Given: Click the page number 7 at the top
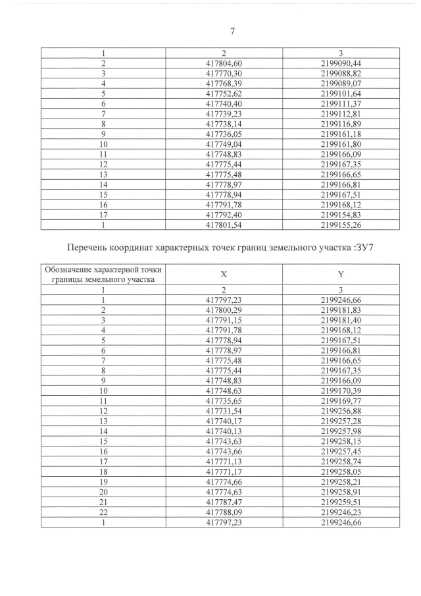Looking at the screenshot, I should (x=232, y=31).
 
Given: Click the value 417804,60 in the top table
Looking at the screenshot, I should (x=224, y=63).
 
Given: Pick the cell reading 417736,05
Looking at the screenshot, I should (x=224, y=134).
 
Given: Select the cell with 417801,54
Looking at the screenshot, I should (x=224, y=225).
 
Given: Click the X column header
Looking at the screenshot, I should (x=224, y=274).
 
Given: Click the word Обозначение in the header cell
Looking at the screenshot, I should (x=68, y=269).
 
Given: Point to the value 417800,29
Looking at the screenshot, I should (x=224, y=310).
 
